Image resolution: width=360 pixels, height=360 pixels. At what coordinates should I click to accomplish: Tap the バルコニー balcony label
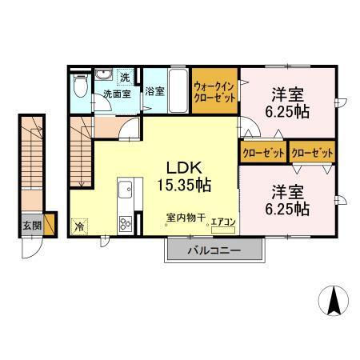(x=214, y=250)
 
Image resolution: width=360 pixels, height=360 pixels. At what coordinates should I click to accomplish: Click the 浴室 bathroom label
(x=155, y=91)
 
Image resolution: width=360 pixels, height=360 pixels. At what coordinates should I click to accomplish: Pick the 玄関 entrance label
(x=32, y=223)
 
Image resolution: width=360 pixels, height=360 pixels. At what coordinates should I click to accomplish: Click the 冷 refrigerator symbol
(x=80, y=226)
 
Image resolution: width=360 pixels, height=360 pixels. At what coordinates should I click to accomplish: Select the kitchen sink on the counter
(x=126, y=190)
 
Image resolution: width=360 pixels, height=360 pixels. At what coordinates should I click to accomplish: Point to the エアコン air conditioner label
(x=222, y=222)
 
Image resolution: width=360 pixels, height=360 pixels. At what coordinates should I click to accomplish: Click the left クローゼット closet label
(x=262, y=150)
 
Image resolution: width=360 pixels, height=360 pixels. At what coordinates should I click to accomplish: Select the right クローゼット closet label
(x=312, y=150)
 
